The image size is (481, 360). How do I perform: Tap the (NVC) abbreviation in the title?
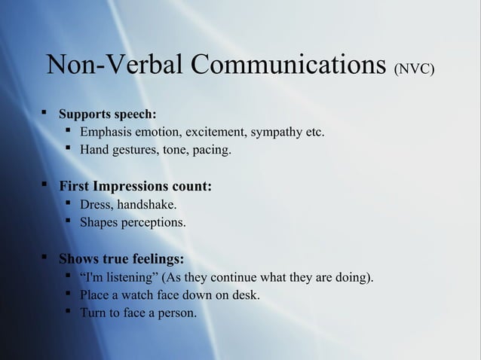(414, 71)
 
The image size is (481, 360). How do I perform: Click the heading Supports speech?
(108, 115)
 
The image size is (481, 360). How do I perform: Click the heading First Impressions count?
(135, 185)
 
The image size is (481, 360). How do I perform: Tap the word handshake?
(148, 204)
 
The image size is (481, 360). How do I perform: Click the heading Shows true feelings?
(121, 259)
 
